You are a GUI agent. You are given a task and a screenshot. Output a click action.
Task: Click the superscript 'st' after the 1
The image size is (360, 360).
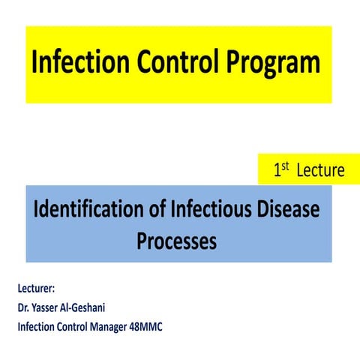[x=286, y=166]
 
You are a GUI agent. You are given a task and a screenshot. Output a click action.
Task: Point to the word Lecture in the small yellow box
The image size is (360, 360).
[x=320, y=170]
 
